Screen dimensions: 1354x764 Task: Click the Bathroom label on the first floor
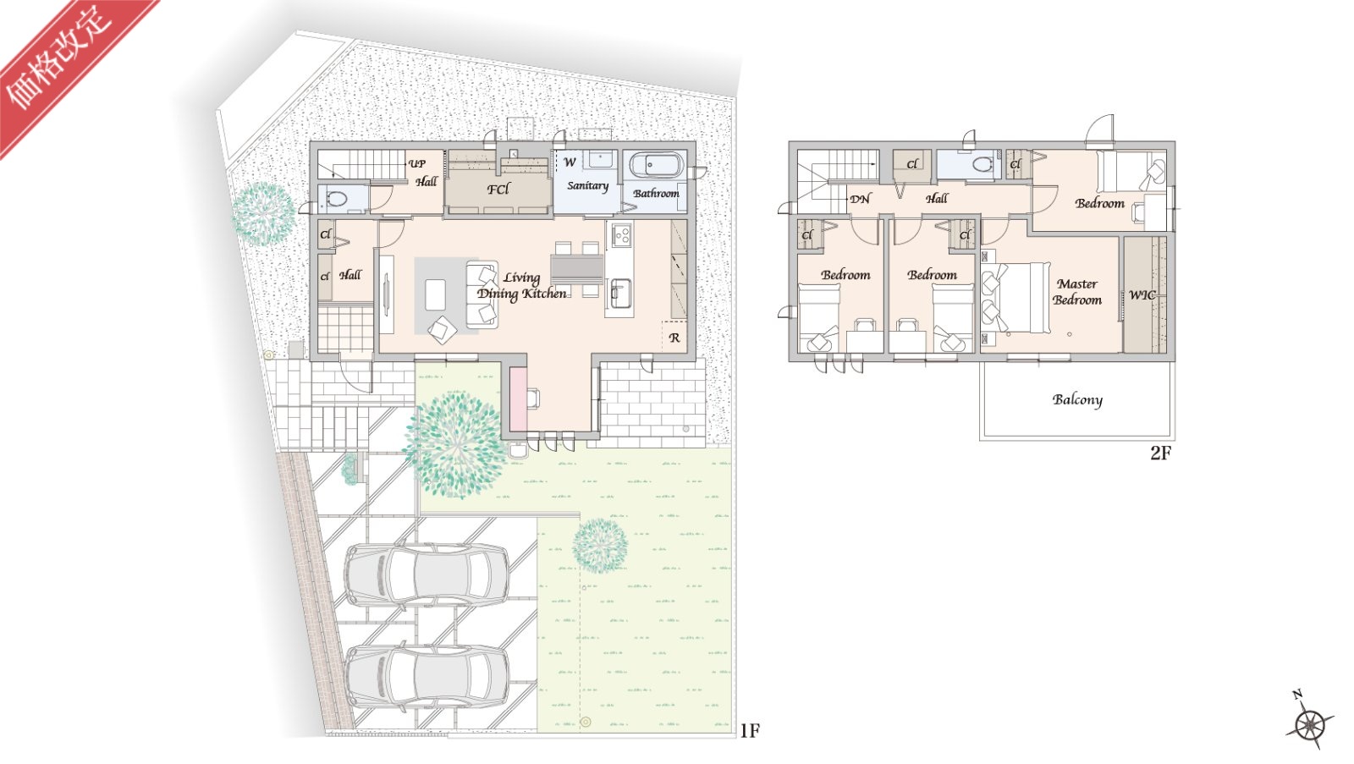tap(656, 194)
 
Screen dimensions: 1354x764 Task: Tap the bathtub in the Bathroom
tap(657, 164)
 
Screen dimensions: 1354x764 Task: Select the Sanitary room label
tap(587, 185)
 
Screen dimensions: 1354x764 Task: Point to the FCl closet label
tap(498, 190)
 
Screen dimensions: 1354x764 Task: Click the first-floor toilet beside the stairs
tap(335, 198)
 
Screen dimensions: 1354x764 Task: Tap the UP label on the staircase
tap(416, 163)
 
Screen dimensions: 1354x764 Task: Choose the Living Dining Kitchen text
tap(521, 286)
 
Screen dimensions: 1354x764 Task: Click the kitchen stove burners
tap(621, 235)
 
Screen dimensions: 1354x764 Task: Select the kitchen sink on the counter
tap(620, 293)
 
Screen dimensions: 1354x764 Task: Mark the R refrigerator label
tap(674, 338)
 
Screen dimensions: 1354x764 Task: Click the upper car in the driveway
tap(427, 574)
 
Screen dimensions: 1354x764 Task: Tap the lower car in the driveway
tap(427, 676)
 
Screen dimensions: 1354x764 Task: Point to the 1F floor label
tap(750, 731)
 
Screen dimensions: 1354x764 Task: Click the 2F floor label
tap(1160, 453)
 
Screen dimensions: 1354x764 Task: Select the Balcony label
tap(1077, 399)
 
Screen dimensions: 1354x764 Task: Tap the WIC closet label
tap(1142, 295)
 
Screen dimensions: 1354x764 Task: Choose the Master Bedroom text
tap(1077, 292)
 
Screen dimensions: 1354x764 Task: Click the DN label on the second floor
tap(860, 199)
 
